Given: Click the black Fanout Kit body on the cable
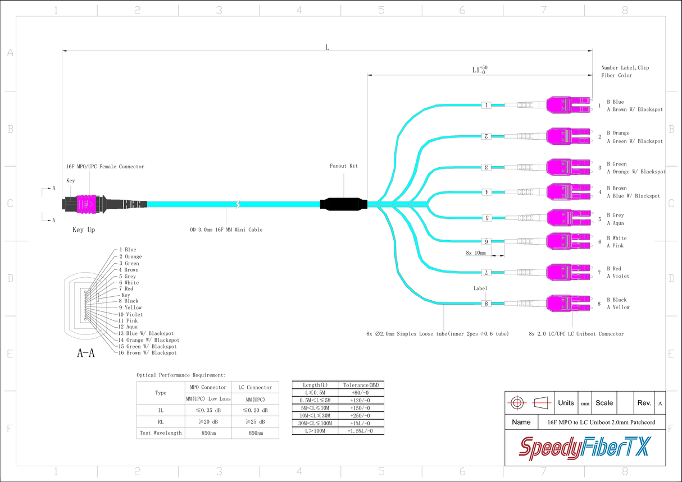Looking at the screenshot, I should (343, 204).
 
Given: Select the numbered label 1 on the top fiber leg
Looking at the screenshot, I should (487, 105).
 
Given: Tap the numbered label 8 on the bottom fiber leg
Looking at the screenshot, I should (487, 304).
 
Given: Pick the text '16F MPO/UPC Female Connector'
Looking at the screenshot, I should (105, 167).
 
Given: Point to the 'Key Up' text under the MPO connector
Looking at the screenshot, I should (84, 229).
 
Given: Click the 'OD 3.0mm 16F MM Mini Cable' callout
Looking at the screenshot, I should (226, 229).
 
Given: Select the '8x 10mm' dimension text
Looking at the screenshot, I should (475, 253).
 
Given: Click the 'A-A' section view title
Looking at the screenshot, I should (85, 353).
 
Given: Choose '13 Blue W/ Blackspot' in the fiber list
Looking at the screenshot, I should (146, 333).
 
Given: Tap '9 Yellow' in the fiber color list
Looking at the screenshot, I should (130, 307).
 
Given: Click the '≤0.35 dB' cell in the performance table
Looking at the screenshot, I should (208, 410).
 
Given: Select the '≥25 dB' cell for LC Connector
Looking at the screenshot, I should (255, 421).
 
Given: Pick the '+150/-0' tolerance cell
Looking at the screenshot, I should (361, 408).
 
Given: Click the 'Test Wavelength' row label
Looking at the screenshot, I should (160, 433).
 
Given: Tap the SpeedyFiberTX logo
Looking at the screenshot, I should (584, 448).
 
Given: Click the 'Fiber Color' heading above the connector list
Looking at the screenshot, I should (616, 75).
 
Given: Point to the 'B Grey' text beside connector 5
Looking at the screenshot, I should (615, 215).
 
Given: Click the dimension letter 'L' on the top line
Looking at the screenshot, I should (327, 47).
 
